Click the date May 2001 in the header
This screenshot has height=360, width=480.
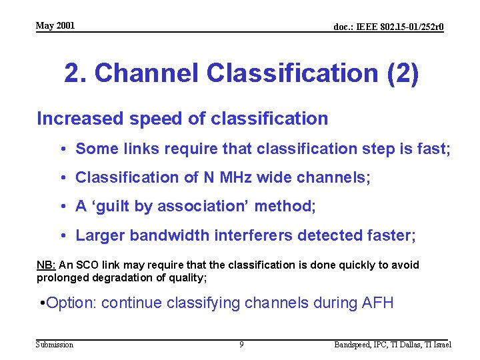click(55, 26)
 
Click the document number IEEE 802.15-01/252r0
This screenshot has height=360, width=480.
click(389, 27)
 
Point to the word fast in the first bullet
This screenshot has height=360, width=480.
click(433, 149)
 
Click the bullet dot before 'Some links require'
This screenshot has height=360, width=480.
click(61, 149)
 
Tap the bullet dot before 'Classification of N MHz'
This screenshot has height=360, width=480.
click(61, 177)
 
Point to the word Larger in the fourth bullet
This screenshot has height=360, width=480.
click(100, 235)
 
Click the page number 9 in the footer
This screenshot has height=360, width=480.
click(241, 345)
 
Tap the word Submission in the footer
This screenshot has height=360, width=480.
click(55, 345)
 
